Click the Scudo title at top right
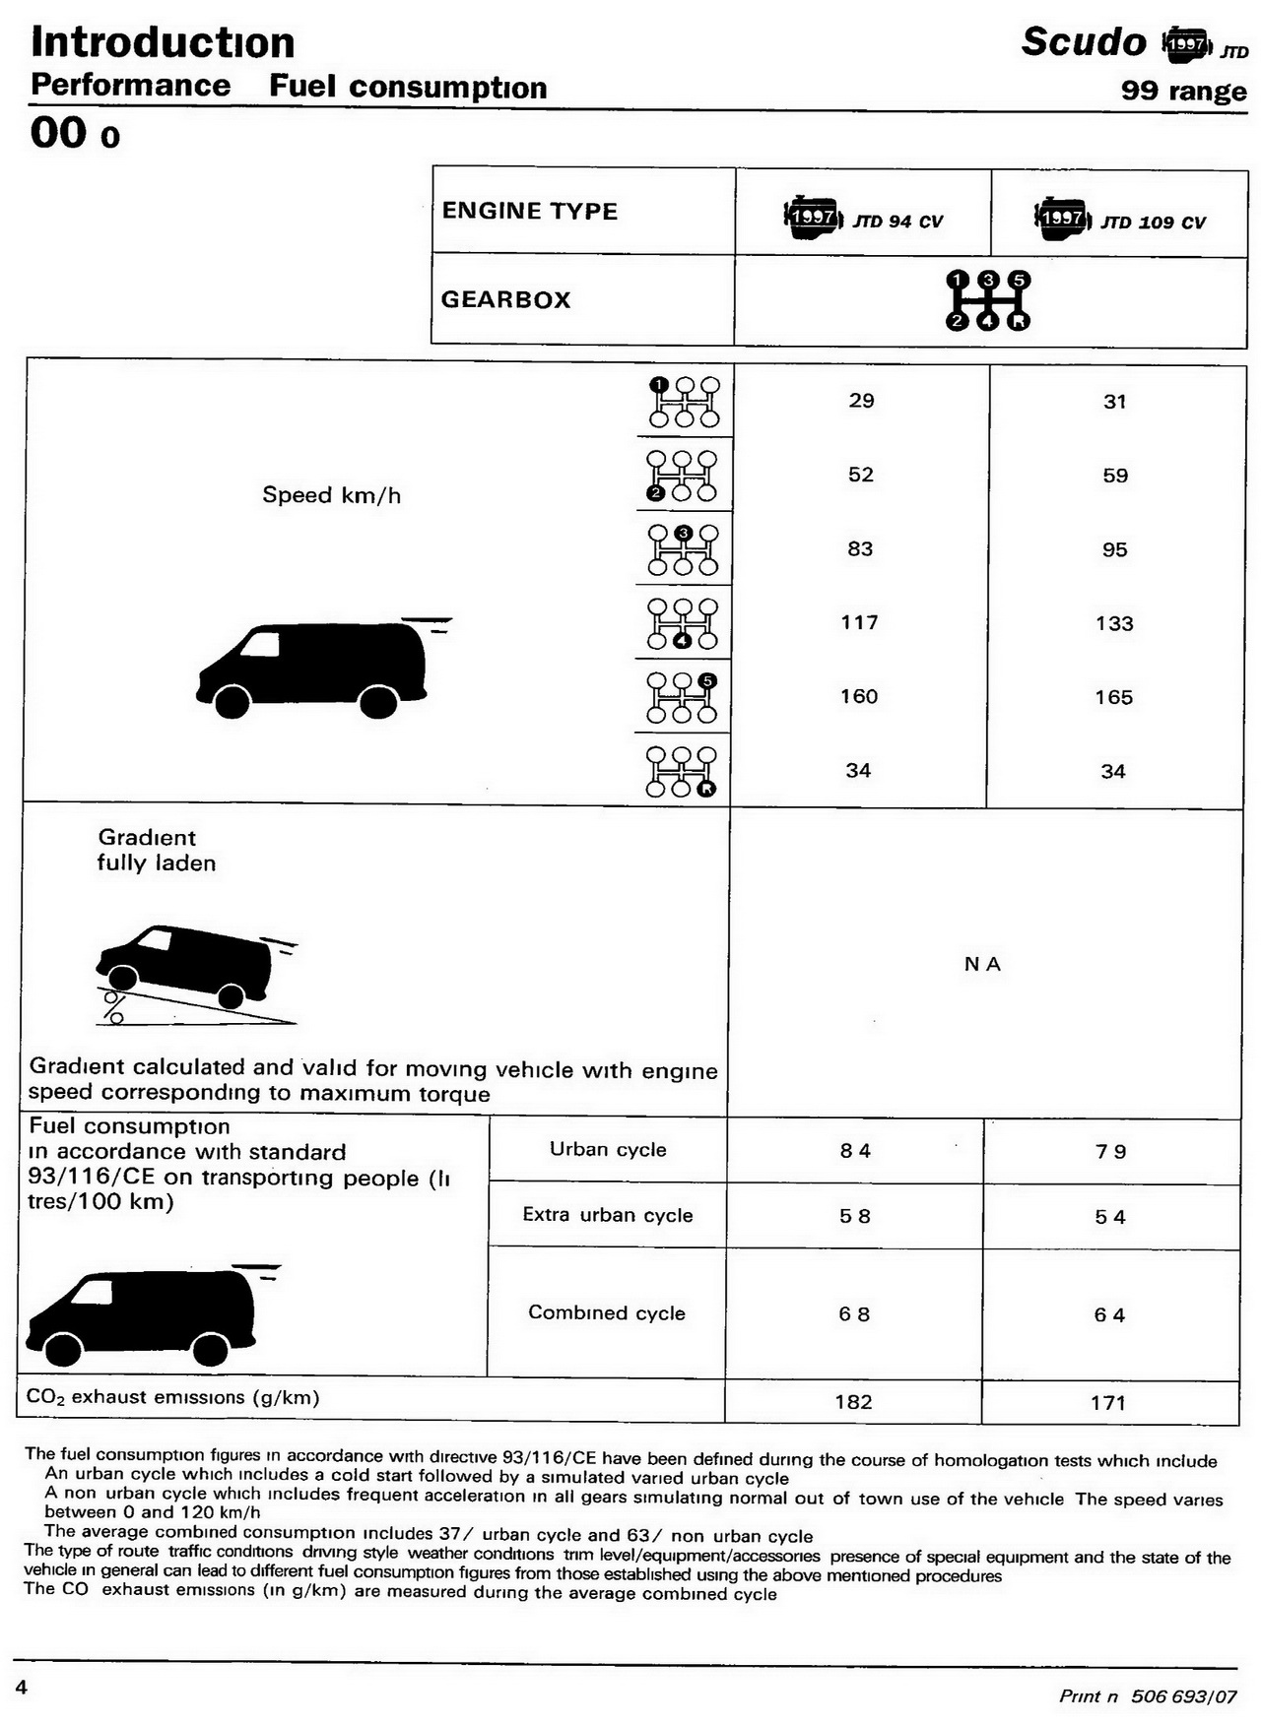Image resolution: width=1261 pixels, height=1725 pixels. pos(1084,42)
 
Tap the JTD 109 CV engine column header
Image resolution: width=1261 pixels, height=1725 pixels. pos(1120,219)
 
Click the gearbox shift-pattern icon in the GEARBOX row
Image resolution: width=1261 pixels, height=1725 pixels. pos(988,299)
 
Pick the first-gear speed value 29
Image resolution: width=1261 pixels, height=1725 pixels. pos(861,401)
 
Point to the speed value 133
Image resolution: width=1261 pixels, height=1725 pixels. pos(1114,623)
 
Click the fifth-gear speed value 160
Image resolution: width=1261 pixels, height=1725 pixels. pos(859,697)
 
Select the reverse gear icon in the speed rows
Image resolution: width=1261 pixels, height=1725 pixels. pos(682,771)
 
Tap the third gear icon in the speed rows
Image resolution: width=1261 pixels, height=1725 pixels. pos(683,549)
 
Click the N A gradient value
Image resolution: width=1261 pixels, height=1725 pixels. pos(982,965)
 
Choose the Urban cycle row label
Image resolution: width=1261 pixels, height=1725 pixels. pos(608,1150)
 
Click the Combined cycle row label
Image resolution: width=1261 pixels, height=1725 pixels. pos(607,1312)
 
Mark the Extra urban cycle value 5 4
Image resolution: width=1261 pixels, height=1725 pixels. pos(1110,1218)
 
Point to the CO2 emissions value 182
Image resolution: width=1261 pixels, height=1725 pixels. pos(853,1402)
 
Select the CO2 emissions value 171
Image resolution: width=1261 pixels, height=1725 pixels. pos(1108,1403)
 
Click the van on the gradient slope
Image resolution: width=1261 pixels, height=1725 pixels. pos(187,965)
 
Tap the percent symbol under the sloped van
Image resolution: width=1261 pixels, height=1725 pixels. pos(114,1006)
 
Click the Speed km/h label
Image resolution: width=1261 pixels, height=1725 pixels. pos(331,495)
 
